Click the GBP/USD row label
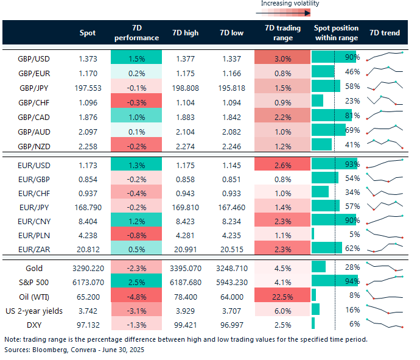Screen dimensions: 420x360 [x=33, y=58]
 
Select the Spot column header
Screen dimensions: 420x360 [x=88, y=33]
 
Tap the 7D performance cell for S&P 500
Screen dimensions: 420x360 [x=136, y=282]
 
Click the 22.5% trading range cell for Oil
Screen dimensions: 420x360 [x=282, y=297]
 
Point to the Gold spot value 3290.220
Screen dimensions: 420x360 [x=88, y=268]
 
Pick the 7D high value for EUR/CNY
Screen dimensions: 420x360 [x=186, y=221]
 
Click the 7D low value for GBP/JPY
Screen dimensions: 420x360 [x=232, y=88]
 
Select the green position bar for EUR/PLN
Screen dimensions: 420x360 [x=313, y=234]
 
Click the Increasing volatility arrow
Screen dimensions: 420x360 [x=283, y=13]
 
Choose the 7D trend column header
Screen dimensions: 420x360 [x=385, y=33]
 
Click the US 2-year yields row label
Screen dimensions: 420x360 [x=34, y=311]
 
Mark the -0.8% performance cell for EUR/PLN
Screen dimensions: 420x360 [x=136, y=235]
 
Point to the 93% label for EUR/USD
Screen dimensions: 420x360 [x=352, y=164]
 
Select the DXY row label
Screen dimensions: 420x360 [x=34, y=325]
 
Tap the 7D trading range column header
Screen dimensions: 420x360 [x=283, y=33]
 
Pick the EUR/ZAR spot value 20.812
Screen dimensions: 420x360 [x=88, y=250]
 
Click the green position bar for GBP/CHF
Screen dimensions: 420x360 [x=317, y=101]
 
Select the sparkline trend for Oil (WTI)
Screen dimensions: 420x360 [x=385, y=295]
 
